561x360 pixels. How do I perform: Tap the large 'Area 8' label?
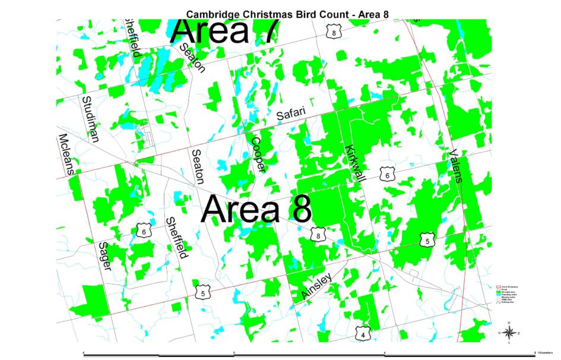[256, 210]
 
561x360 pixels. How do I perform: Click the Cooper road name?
[257, 154]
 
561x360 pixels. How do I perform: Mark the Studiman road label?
[91, 118]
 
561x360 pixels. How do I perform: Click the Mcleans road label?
[65, 153]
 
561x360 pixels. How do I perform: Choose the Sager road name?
[105, 256]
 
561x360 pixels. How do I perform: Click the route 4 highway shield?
[363, 334]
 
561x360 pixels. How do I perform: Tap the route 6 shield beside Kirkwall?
[387, 175]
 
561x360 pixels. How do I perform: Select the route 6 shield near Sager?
[144, 232]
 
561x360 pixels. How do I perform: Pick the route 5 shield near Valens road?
[426, 241]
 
